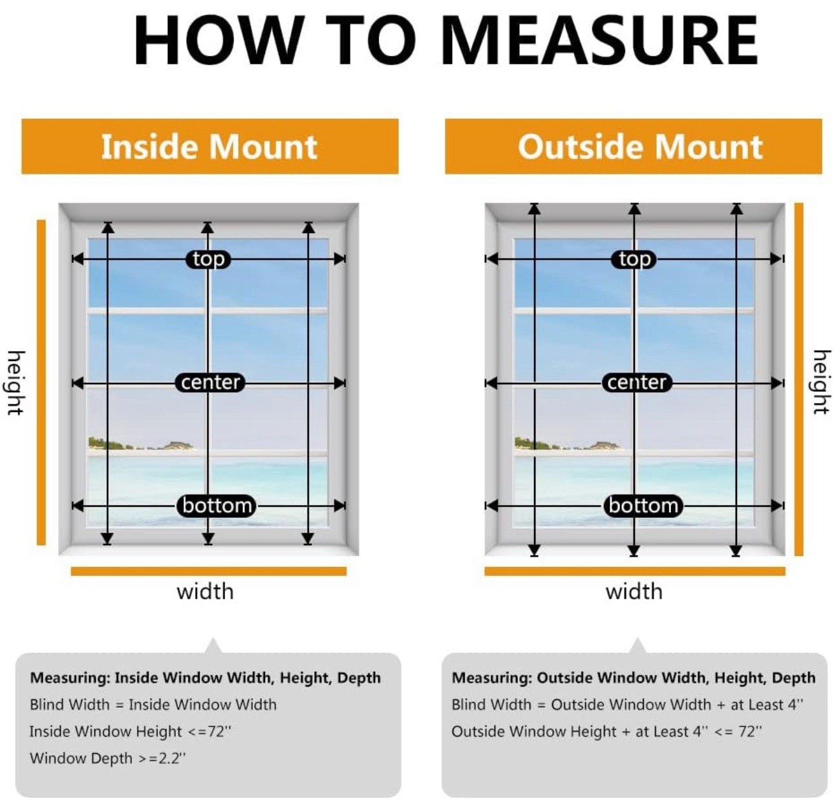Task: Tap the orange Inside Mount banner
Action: point(210,147)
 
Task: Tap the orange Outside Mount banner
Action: point(634,147)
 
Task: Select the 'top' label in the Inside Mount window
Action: point(208,260)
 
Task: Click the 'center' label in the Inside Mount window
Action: point(210,382)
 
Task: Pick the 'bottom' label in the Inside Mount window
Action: point(217,506)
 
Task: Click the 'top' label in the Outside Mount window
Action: point(634,260)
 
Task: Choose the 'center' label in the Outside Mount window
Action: point(637,382)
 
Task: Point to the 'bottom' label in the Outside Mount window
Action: point(643,506)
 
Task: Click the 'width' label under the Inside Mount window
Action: point(206,592)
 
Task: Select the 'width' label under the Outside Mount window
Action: point(634,592)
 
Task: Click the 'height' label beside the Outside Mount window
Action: point(822,382)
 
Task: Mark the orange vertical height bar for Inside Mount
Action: point(41,382)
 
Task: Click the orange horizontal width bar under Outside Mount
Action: point(635,571)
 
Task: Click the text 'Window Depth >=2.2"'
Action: point(108,758)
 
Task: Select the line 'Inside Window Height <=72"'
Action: point(131,732)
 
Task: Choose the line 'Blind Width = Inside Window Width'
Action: point(153,705)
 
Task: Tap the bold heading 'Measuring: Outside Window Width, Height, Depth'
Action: point(634,678)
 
